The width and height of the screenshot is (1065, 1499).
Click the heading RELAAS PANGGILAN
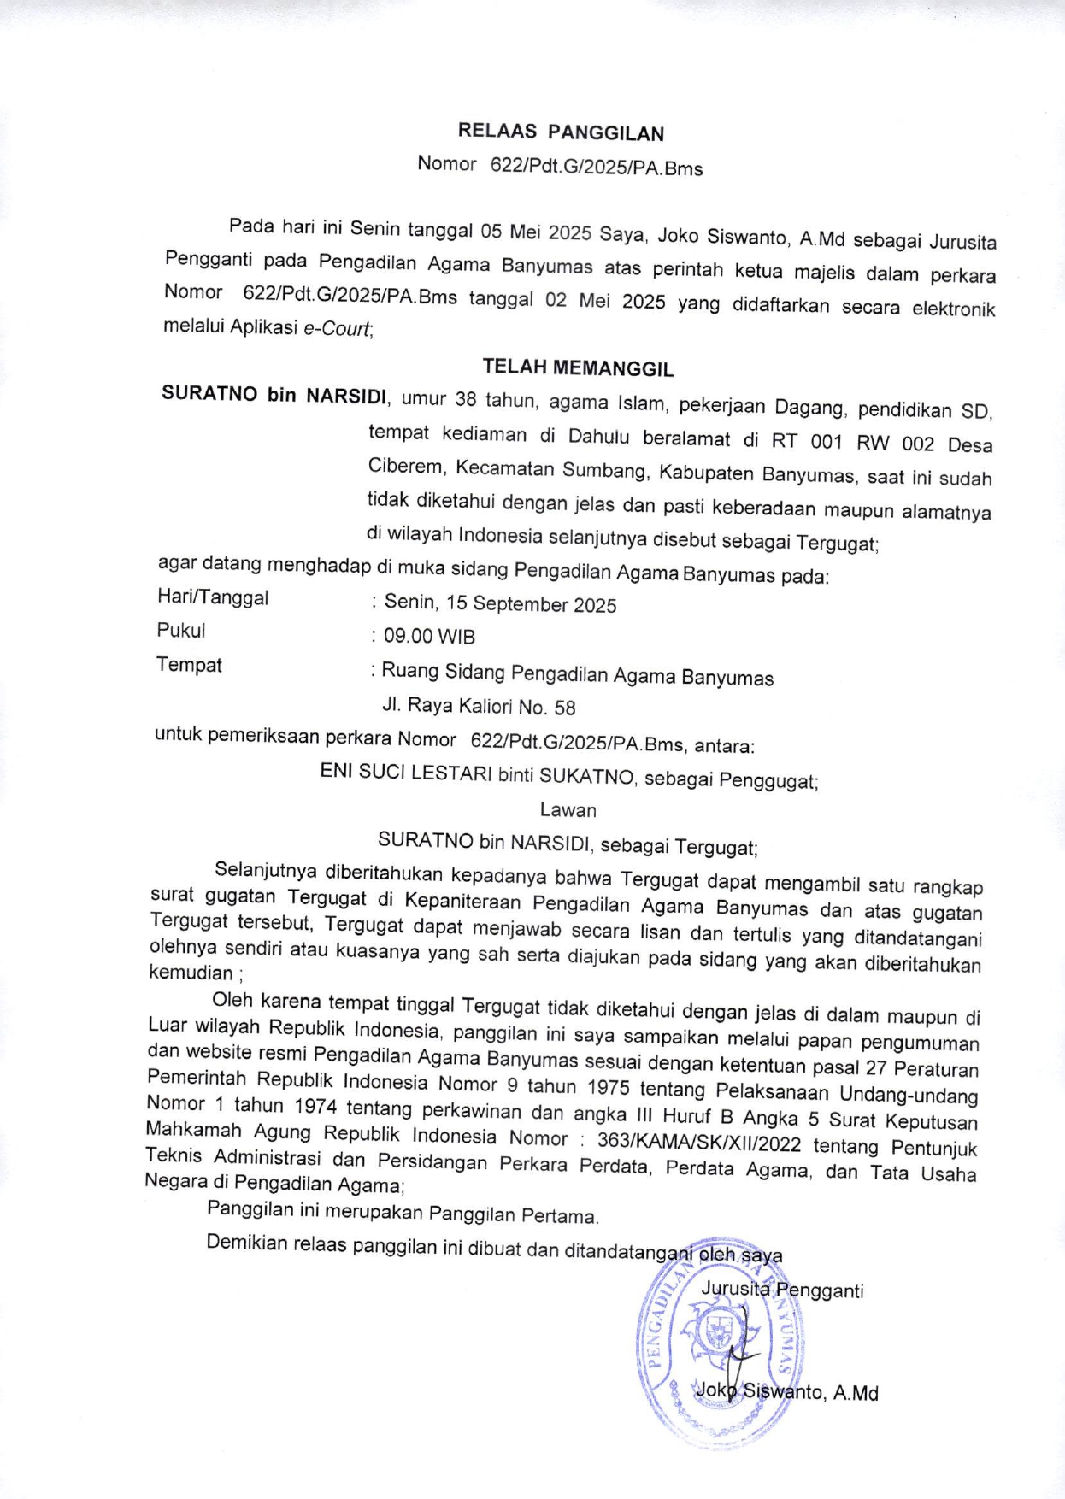561,132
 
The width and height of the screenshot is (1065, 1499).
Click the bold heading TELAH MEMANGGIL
578,367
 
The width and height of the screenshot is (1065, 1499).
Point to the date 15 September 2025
531,604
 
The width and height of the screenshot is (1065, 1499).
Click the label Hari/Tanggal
213,597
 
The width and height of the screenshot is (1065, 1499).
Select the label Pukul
181,631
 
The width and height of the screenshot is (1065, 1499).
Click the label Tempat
189,665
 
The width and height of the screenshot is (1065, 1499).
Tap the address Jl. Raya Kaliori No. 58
479,707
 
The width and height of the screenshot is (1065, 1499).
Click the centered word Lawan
568,810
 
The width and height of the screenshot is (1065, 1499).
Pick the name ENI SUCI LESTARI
406,773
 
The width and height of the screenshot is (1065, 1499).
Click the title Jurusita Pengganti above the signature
781,1290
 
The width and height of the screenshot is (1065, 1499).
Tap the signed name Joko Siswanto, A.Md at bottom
787,1392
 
